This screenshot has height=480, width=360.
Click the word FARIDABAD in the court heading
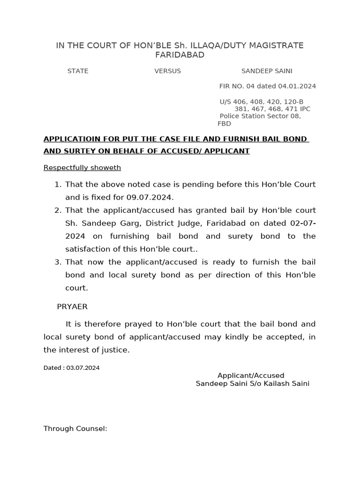[180, 55]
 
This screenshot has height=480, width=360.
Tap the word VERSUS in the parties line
[167, 71]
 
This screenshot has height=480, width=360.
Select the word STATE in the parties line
[78, 71]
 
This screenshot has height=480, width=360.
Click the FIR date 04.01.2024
[297, 86]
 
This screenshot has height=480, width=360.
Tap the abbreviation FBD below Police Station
[224, 124]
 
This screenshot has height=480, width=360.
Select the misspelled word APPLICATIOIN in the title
[69, 139]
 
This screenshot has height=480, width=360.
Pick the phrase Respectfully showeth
[82, 168]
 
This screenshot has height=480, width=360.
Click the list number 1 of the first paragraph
[58, 185]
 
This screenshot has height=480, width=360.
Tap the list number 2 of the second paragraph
[58, 210]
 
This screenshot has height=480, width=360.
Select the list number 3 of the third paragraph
[58, 262]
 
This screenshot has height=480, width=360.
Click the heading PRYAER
[72, 307]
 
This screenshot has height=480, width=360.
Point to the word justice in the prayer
[115, 350]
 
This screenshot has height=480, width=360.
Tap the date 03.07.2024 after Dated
[83, 368]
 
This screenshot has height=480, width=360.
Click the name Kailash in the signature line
[280, 383]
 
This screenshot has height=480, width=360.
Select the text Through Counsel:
[75, 428]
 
